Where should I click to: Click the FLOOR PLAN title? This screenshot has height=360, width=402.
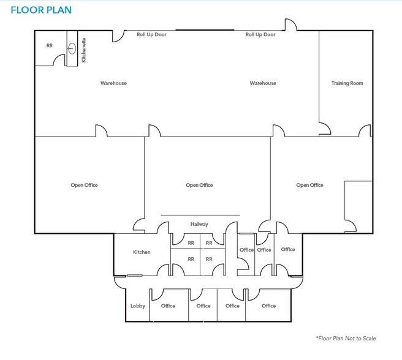coord(41,10)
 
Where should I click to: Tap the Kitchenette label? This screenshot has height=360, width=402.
coord(84,50)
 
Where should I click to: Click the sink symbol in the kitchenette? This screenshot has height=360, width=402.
coord(72,48)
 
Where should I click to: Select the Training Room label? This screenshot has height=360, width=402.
coord(347,83)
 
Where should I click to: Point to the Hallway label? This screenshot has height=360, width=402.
coord(199,224)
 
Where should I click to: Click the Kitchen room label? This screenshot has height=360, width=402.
coord(142,252)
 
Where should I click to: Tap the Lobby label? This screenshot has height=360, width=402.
coord(138,306)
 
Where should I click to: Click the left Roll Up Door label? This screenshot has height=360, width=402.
coord(151,34)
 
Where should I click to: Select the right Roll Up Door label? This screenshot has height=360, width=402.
coord(260,34)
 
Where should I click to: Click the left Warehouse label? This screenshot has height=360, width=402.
coord(113,83)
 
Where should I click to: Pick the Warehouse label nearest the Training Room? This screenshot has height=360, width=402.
coord(263,83)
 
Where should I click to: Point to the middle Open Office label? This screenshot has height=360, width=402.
coord(199,185)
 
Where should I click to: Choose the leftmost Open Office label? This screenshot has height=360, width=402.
coord(85,185)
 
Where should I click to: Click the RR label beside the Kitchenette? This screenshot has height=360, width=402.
coord(50,45)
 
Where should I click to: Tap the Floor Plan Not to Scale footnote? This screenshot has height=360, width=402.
coord(346,338)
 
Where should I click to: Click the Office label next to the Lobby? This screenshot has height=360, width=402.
coord(168,306)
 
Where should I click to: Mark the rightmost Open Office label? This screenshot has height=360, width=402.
coord(309,185)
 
